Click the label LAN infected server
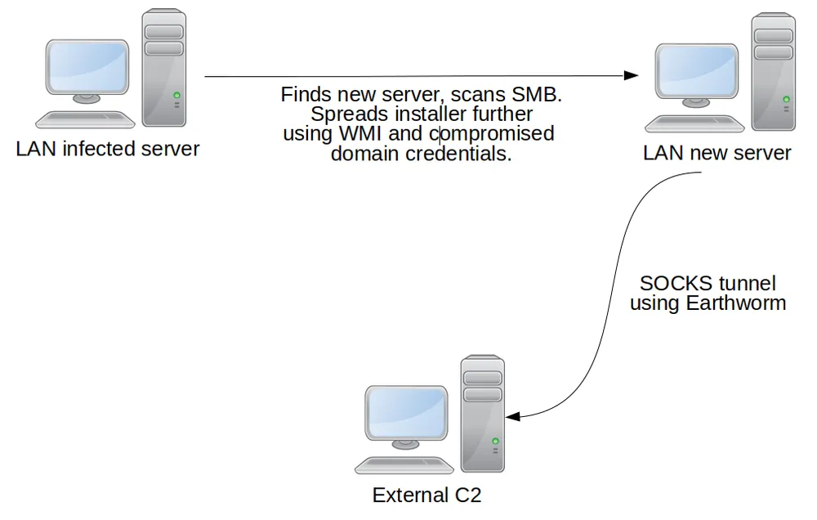coord(108,150)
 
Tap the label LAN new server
coord(717,153)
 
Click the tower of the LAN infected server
coord(163,67)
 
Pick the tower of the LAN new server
coord(773,72)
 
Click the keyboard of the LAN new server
coord(694,124)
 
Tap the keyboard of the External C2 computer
coord(404,466)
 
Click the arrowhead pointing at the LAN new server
coord(631,76)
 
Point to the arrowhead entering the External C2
coord(514,417)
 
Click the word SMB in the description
coord(540,95)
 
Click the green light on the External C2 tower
coord(495,441)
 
